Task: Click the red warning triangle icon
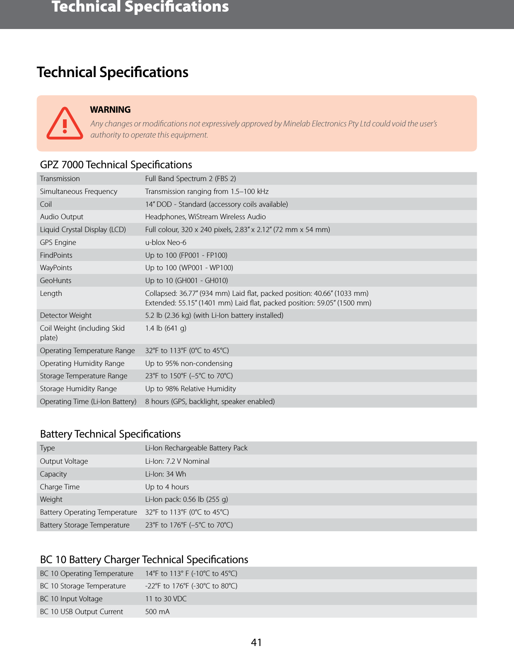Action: [65, 124]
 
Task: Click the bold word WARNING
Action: [110, 110]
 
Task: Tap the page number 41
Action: [256, 642]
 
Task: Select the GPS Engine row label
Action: [58, 242]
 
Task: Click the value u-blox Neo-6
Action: [166, 242]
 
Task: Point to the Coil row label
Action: [46, 204]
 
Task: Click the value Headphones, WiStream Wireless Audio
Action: [205, 217]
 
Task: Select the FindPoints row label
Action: [56, 255]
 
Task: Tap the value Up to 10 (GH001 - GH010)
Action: [186, 281]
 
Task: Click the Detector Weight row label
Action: [66, 315]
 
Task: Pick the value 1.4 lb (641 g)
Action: [166, 328]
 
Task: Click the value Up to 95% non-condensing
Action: [188, 363]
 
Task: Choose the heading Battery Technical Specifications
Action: [110, 434]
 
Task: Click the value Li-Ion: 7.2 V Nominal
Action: [177, 461]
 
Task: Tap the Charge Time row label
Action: [60, 487]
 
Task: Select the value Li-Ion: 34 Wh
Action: [166, 474]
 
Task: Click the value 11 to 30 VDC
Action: [166, 599]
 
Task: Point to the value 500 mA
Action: [157, 612]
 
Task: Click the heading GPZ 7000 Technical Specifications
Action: [116, 165]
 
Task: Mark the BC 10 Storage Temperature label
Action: [83, 586]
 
